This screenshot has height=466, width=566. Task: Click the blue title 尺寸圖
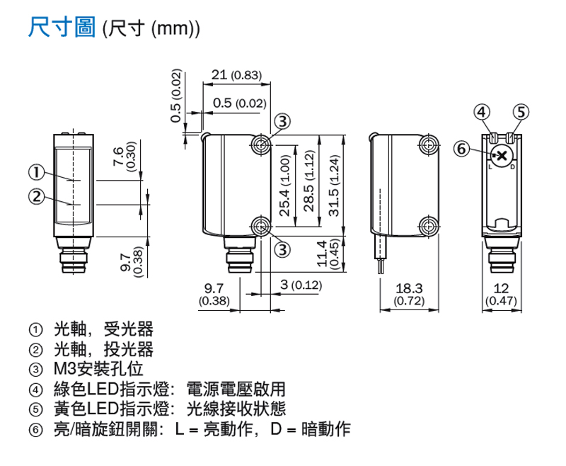[62, 27]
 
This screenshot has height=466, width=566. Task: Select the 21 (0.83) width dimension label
[236, 75]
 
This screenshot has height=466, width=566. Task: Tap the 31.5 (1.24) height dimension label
[335, 186]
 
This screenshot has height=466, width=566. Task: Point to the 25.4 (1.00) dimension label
[285, 186]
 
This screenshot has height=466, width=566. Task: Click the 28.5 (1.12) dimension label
[309, 181]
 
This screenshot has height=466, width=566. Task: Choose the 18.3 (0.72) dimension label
[409, 294]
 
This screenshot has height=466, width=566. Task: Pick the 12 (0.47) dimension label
[501, 294]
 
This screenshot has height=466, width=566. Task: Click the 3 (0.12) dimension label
[301, 285]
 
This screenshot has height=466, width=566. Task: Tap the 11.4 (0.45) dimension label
[328, 254]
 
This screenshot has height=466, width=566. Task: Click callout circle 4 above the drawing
[482, 113]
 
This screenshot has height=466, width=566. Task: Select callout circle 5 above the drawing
[521, 113]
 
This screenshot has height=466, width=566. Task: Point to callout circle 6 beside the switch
[462, 149]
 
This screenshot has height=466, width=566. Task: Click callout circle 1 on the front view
[37, 173]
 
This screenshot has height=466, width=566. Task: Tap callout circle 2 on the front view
[37, 197]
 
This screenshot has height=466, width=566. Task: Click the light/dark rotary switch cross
[502, 156]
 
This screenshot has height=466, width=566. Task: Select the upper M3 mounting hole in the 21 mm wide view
[261, 144]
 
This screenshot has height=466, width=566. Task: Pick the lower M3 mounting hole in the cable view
[429, 227]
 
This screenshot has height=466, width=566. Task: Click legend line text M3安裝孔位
[98, 369]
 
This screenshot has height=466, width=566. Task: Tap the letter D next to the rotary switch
[512, 168]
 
